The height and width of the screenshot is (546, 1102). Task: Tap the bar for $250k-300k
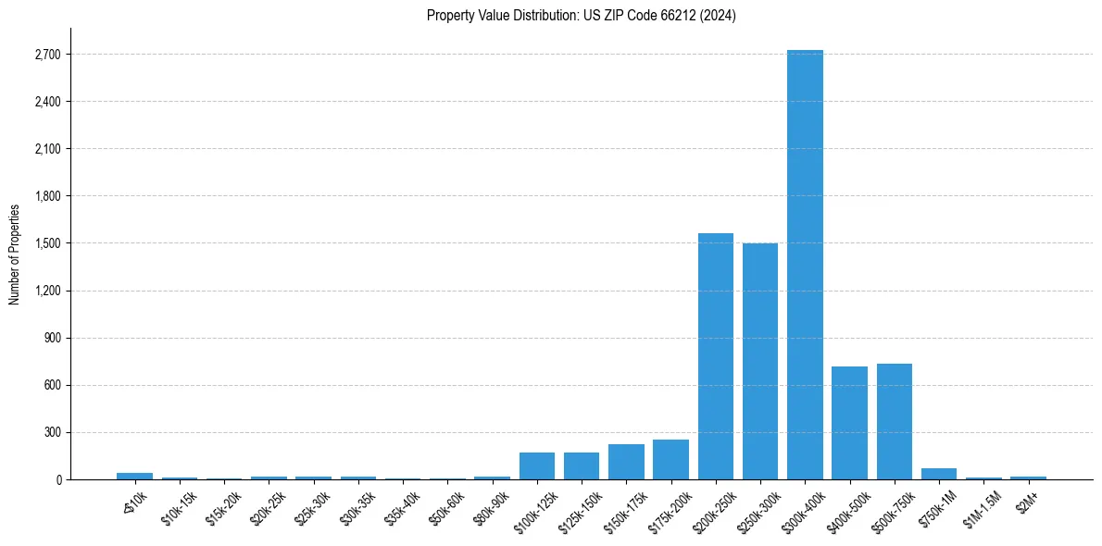pyautogui.click(x=760, y=361)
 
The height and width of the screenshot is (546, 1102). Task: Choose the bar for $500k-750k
pyautogui.click(x=895, y=421)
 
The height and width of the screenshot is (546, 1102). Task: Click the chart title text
pyautogui.click(x=582, y=16)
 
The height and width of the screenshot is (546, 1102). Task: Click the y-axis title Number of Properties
pyautogui.click(x=15, y=254)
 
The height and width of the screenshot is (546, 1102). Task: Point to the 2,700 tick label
pyautogui.click(x=46, y=55)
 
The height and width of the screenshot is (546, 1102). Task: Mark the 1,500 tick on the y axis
pyautogui.click(x=46, y=243)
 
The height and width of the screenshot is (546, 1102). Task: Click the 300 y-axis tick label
pyautogui.click(x=52, y=432)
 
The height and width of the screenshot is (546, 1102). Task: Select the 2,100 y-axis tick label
pyautogui.click(x=46, y=149)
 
